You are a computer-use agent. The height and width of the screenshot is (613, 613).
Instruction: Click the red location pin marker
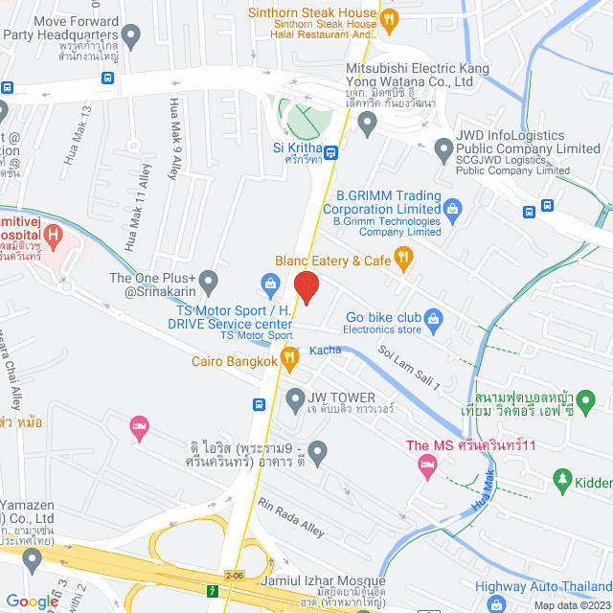306,286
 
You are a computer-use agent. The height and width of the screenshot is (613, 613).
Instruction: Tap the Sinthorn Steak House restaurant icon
389,18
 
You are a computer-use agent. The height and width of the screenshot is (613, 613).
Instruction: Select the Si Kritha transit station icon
330,152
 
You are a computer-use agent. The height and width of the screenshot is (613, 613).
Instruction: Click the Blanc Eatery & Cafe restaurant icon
403,257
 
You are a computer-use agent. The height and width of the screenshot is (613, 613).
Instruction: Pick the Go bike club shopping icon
433,317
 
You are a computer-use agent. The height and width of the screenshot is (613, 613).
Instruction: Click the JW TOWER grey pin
294,397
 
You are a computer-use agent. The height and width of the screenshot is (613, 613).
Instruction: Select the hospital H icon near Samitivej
53,233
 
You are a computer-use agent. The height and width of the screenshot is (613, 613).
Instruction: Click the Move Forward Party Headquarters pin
131,37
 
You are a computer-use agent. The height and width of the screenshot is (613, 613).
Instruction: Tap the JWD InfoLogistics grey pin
443,149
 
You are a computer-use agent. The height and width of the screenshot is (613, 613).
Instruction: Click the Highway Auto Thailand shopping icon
495,603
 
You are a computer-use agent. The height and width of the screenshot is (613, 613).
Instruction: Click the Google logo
32,601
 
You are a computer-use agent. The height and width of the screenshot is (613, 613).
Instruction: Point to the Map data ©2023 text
571,604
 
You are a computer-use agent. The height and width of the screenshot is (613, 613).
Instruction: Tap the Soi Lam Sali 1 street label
409,368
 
